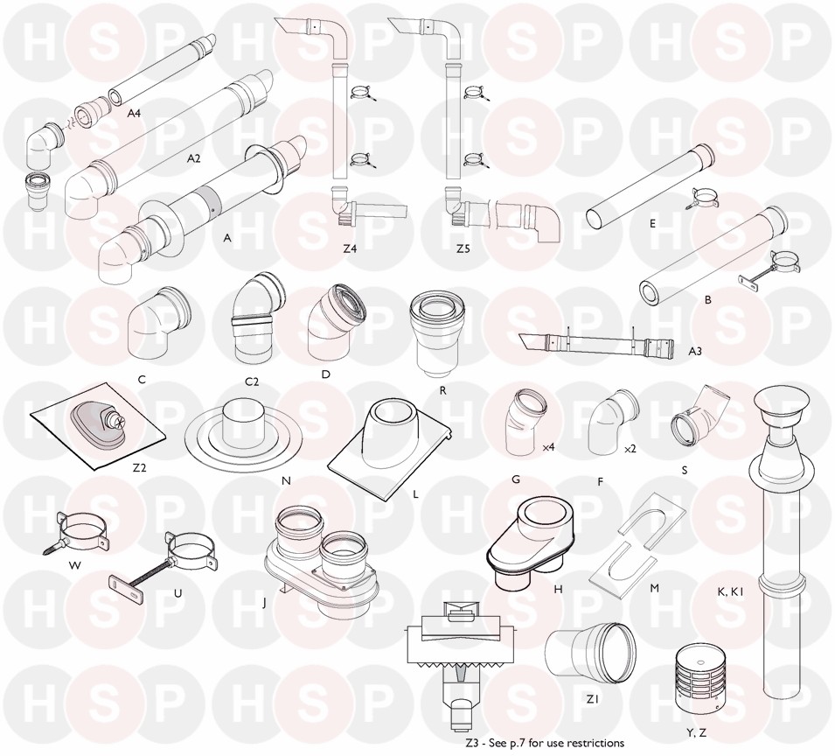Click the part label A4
(134, 113)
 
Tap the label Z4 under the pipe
(350, 248)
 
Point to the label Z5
(463, 248)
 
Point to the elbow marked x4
(522, 423)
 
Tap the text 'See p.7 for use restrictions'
(560, 742)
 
